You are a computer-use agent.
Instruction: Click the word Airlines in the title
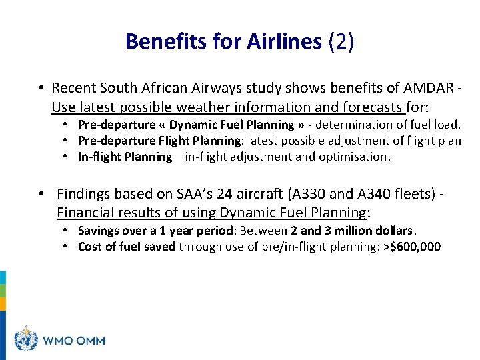284,41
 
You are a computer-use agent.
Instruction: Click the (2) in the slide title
341,41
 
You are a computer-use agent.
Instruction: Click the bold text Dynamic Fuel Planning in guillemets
222,125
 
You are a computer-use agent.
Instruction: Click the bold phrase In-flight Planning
125,157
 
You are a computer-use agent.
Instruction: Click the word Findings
82,194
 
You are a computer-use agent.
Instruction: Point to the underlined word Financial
83,213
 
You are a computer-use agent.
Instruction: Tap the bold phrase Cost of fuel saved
127,247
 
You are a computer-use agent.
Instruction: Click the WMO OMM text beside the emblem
74,341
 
